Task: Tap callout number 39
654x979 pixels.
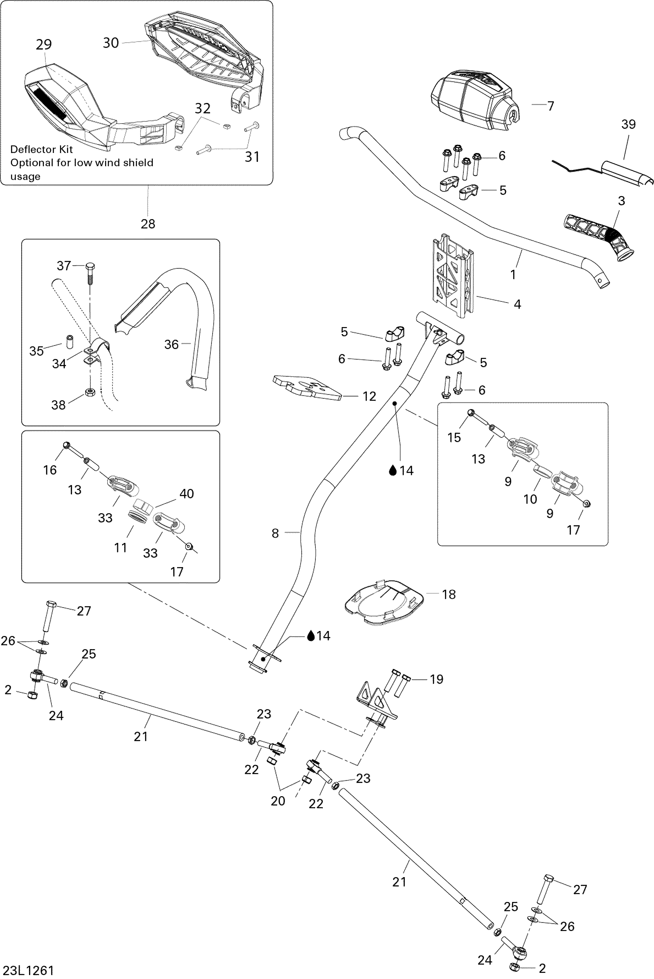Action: pyautogui.click(x=628, y=124)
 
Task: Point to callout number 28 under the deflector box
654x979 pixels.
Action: pyautogui.click(x=148, y=224)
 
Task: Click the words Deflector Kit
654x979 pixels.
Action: pyautogui.click(x=41, y=150)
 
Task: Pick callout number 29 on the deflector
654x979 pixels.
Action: pyautogui.click(x=43, y=45)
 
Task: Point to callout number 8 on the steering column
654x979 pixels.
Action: pyautogui.click(x=275, y=533)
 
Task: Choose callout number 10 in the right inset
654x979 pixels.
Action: pyautogui.click(x=530, y=499)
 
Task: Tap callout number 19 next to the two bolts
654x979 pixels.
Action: pyautogui.click(x=436, y=679)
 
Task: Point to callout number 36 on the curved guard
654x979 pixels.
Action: pyautogui.click(x=171, y=344)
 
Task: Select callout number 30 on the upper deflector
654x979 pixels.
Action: pyautogui.click(x=110, y=43)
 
